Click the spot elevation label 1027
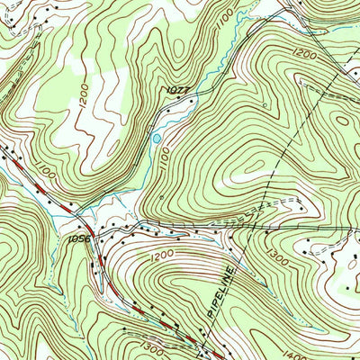point(176,90)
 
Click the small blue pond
point(157,139)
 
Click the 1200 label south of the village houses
point(161,256)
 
